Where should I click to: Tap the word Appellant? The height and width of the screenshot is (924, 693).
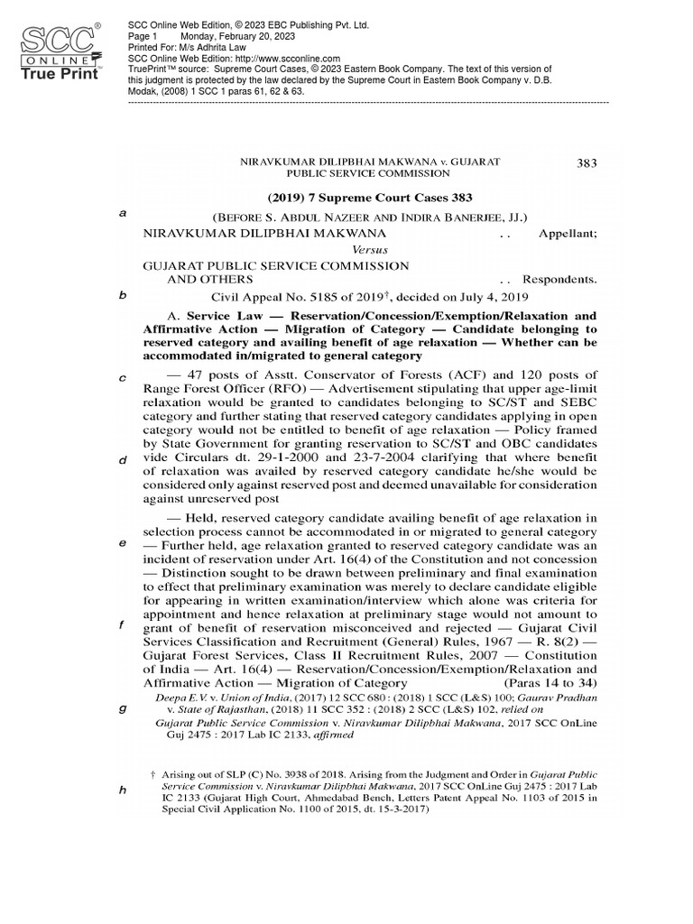(568, 232)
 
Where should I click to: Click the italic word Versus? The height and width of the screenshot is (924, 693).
(368, 248)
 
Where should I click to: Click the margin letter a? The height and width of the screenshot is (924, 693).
(122, 213)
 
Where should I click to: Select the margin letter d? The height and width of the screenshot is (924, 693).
(122, 461)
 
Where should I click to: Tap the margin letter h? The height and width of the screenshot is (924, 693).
(122, 790)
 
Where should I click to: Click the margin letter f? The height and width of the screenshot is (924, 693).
(122, 625)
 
